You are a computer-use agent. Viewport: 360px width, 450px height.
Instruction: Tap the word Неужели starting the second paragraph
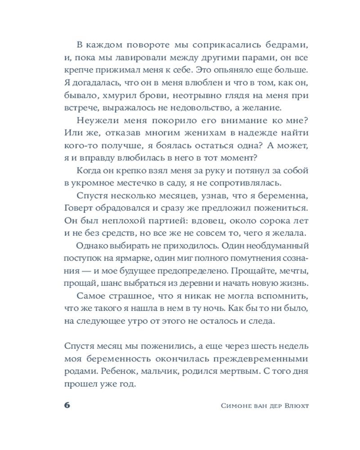click(95, 120)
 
